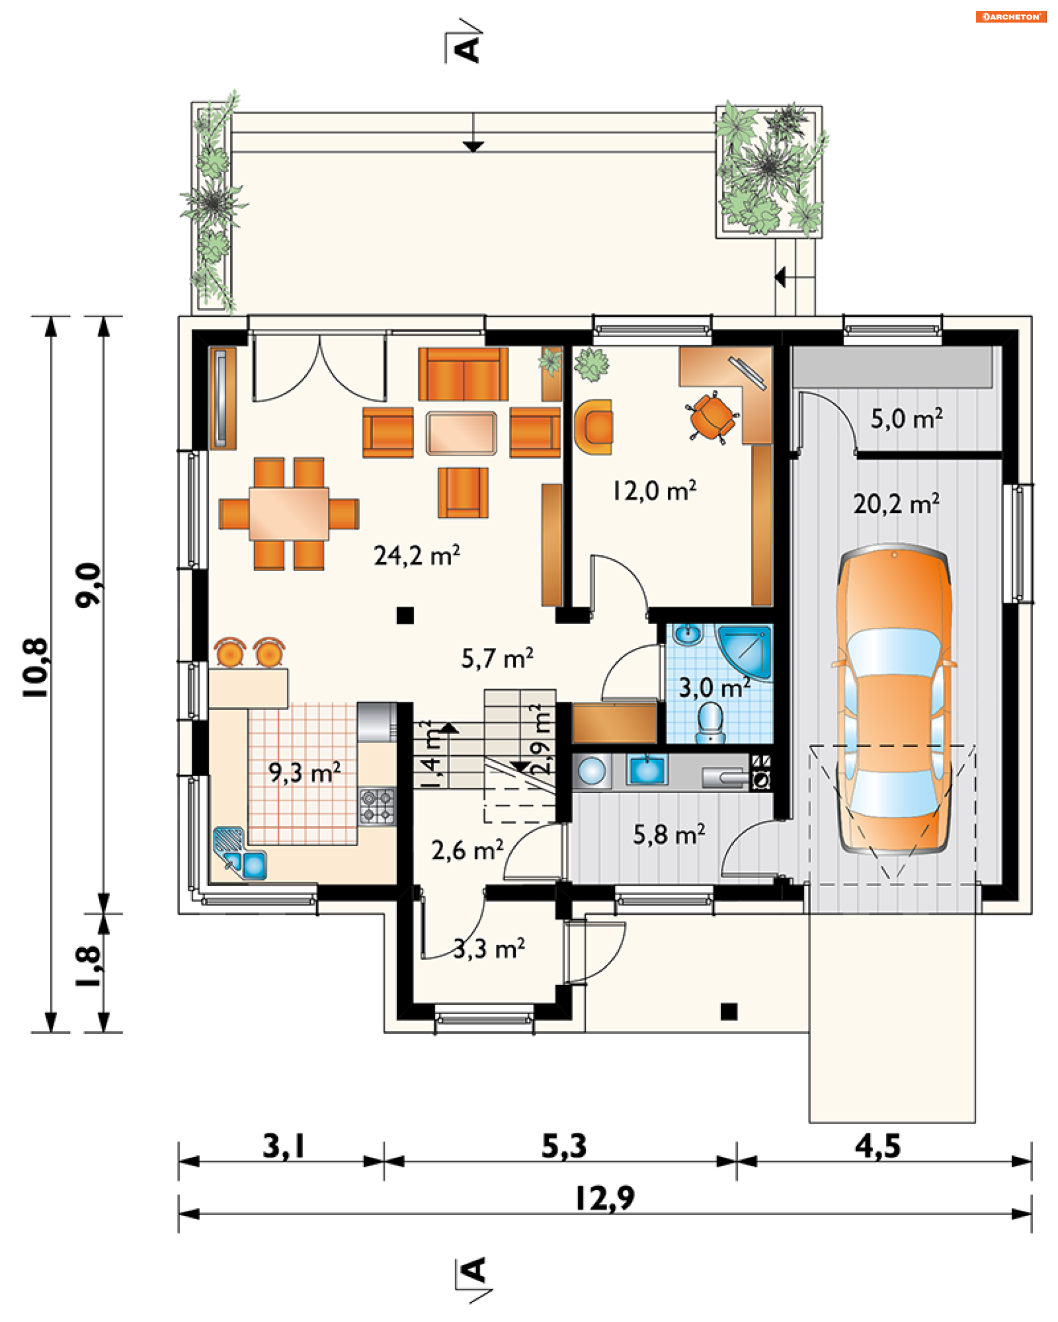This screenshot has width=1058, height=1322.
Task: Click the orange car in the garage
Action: [893, 699]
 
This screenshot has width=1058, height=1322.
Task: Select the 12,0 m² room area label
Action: [655, 491]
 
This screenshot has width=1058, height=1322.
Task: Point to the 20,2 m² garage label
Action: [896, 503]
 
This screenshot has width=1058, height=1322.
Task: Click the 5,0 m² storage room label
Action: [906, 419]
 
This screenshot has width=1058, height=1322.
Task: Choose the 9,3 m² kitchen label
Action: [304, 773]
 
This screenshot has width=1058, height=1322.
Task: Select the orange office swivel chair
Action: [712, 418]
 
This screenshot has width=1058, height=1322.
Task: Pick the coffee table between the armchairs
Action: [461, 433]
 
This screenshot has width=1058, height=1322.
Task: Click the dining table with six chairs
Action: [289, 514]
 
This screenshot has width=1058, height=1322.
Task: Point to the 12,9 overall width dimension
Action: [604, 1198]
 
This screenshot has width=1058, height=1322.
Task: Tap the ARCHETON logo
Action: [1011, 17]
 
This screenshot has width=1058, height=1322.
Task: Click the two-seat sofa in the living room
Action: [463, 374]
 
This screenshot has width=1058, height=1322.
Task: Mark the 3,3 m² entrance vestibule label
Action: [489, 949]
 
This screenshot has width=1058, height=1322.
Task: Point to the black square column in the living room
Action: [405, 615]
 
